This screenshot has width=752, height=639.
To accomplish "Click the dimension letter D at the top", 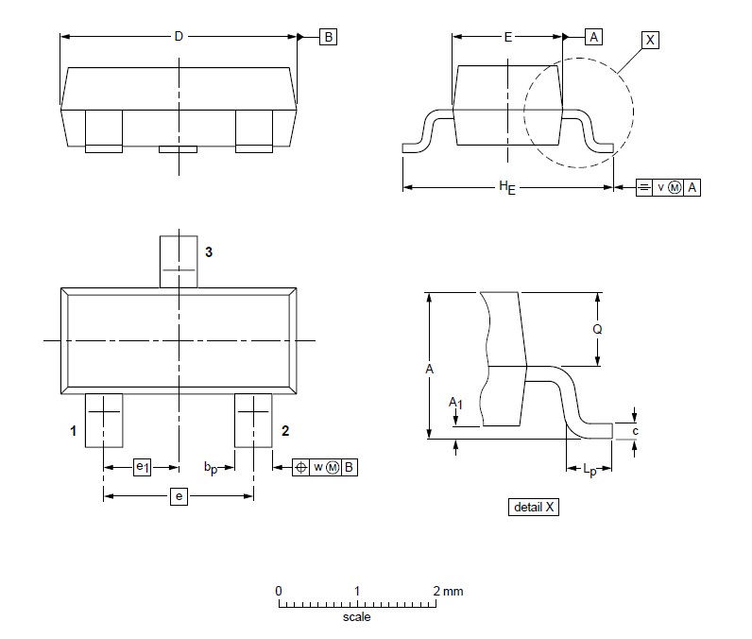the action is click(178, 37).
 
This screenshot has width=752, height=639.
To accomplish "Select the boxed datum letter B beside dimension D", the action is click(328, 37).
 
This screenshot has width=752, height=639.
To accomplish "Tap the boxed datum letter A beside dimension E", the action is click(593, 37).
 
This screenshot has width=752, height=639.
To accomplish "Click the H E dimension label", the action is click(508, 187).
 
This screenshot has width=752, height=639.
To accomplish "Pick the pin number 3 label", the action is click(209, 251).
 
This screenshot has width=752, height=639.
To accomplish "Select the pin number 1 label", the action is click(73, 431).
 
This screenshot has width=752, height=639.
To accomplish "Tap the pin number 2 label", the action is click(284, 431).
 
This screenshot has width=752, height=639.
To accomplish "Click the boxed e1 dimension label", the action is click(142, 467).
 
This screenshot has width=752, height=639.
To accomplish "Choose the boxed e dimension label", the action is click(178, 496).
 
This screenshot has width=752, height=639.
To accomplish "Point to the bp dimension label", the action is click(212, 468).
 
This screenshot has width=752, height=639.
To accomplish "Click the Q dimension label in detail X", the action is click(597, 330).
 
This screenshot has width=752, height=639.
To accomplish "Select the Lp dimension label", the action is click(590, 469).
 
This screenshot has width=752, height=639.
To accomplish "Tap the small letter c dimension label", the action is click(635, 431).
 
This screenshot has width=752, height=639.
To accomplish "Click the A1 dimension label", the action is click(456, 404).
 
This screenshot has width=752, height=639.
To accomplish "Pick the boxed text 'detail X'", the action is click(535, 507).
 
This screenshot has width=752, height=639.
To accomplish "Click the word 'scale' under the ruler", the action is click(356, 617).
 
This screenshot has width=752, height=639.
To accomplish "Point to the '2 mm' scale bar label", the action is click(448, 592).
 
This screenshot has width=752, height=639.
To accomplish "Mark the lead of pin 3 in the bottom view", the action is click(178, 260).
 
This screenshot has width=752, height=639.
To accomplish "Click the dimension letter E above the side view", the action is click(508, 37).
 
